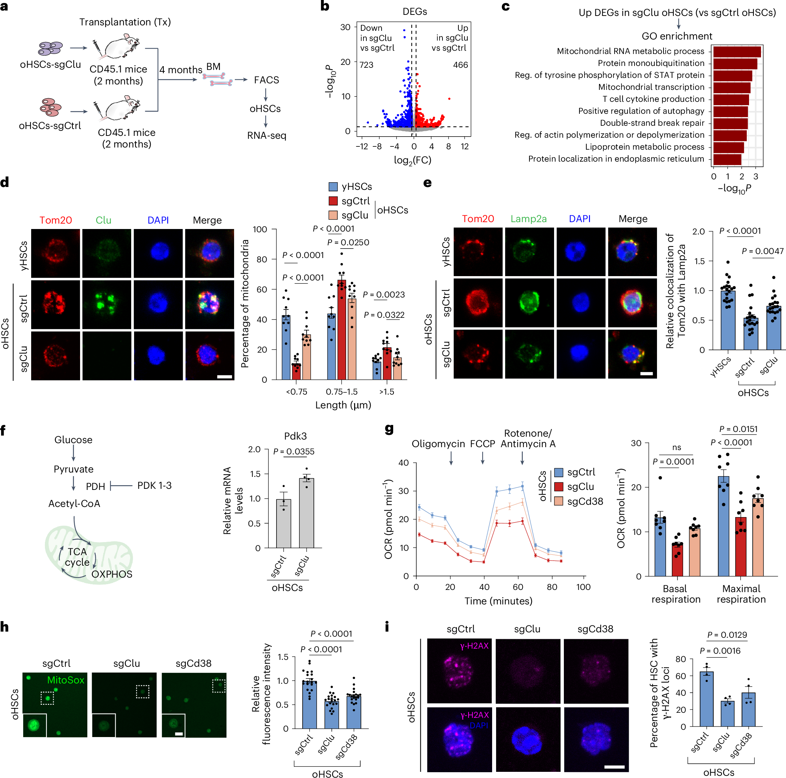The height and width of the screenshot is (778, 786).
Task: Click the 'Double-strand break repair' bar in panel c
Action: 730,123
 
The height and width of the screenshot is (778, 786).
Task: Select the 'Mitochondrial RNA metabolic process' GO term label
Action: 630,51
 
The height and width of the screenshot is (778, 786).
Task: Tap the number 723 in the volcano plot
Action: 367,65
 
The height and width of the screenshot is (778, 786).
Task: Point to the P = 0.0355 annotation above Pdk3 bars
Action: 294,451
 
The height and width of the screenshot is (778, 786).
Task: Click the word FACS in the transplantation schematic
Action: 266,80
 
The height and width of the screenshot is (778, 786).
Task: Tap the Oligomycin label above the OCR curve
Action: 438,444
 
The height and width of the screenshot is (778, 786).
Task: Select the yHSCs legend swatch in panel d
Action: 333,187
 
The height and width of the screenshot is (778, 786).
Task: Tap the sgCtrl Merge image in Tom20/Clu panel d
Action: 209,304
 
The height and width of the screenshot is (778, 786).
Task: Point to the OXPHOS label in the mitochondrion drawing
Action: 112,574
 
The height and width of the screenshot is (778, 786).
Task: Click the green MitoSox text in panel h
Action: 66,680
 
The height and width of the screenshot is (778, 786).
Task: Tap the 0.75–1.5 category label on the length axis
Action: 341,392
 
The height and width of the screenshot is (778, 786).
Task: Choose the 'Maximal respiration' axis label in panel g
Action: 741,594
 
